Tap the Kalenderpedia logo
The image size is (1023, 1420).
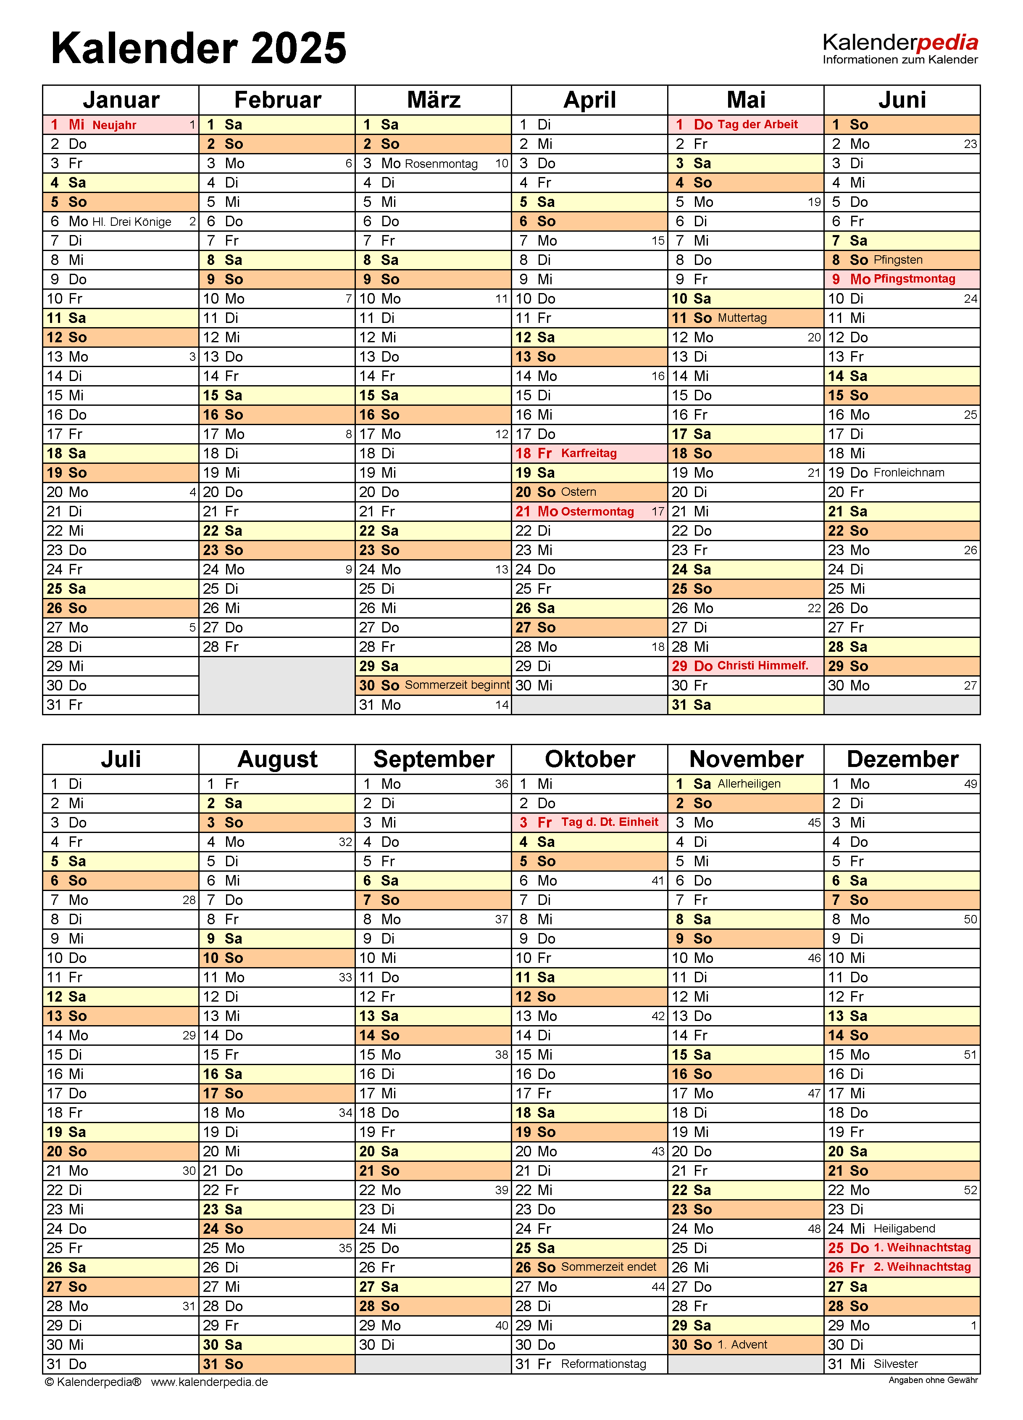coord(900,48)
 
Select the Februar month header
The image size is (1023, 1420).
coord(277,100)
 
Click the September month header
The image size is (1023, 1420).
coord(434,759)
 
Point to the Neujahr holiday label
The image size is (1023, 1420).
coord(115,125)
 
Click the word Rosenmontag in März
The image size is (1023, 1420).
coord(441,164)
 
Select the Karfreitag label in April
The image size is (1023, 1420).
coord(589,453)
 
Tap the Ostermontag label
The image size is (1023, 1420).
coord(597,511)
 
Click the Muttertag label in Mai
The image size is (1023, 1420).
coord(742,318)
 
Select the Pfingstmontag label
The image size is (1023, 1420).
coord(914,279)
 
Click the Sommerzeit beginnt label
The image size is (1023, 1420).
coord(457,685)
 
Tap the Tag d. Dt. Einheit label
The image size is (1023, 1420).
coord(610,822)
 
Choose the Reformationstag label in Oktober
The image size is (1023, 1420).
coord(603,1364)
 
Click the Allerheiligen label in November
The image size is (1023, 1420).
coord(749,784)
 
